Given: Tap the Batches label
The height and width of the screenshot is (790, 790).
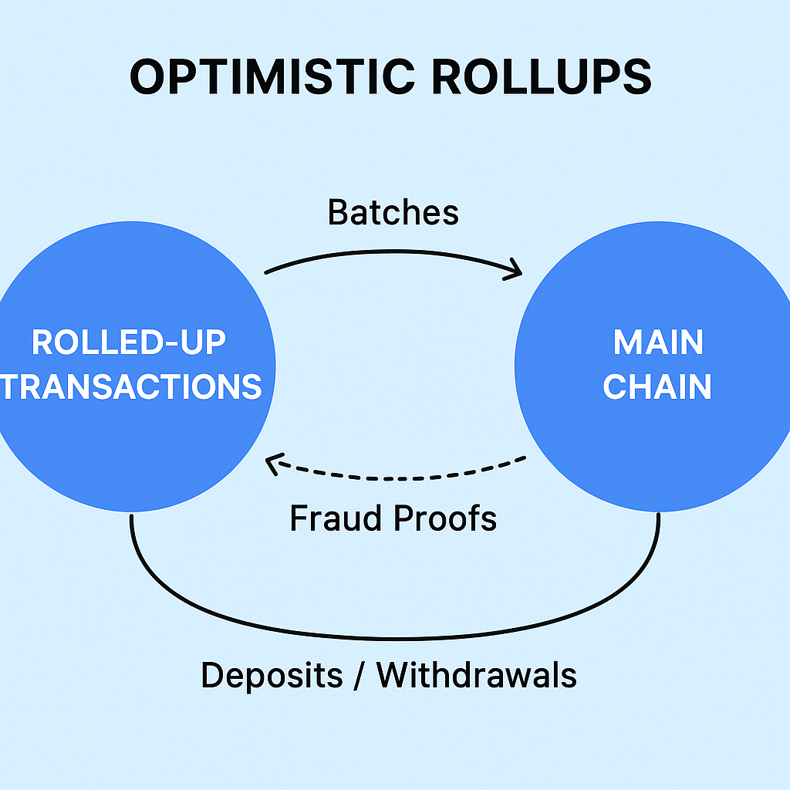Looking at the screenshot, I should click(x=393, y=212).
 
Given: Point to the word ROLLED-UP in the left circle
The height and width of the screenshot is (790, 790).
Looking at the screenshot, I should click(x=129, y=343).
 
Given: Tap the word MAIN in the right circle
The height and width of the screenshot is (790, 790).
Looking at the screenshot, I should click(x=658, y=343).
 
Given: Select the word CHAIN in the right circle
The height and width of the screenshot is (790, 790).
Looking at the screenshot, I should click(x=657, y=387).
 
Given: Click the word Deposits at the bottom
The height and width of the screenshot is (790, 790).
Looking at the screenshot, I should click(x=272, y=676).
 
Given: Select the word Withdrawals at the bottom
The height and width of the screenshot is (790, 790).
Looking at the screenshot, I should click(x=477, y=676).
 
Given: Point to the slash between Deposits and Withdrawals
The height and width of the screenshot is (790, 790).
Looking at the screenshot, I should click(x=360, y=676).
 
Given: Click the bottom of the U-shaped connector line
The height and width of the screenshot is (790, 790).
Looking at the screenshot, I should click(x=395, y=638).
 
